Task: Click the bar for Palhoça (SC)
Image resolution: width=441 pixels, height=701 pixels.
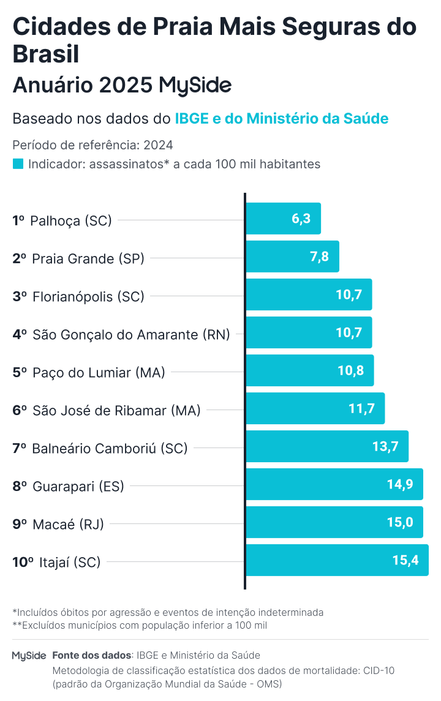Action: (x=283, y=219)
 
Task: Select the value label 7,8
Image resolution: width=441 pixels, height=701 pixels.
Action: (x=319, y=257)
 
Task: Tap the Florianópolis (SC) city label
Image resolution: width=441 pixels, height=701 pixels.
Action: (x=88, y=297)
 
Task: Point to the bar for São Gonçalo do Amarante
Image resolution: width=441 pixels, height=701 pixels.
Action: (x=309, y=332)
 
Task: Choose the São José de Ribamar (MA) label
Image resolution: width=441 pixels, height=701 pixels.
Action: (x=116, y=411)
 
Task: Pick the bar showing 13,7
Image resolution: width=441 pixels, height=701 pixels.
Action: (x=327, y=446)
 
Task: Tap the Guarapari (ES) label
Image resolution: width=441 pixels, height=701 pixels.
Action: (x=78, y=487)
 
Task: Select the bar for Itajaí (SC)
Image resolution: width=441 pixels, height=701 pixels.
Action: (x=337, y=560)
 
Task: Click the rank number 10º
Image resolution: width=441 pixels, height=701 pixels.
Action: (x=23, y=562)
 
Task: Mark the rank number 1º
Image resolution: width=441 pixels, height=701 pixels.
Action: (x=19, y=220)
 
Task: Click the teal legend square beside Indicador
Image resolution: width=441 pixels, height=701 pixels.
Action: (x=18, y=164)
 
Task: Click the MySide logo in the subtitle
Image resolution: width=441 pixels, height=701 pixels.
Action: (x=195, y=85)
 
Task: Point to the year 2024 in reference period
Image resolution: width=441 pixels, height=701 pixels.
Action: (x=158, y=145)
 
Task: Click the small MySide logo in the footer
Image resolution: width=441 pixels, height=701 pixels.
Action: (x=29, y=656)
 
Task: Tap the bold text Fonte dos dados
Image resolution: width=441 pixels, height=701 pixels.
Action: (x=92, y=655)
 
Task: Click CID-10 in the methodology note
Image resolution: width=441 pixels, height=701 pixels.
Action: (x=379, y=670)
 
